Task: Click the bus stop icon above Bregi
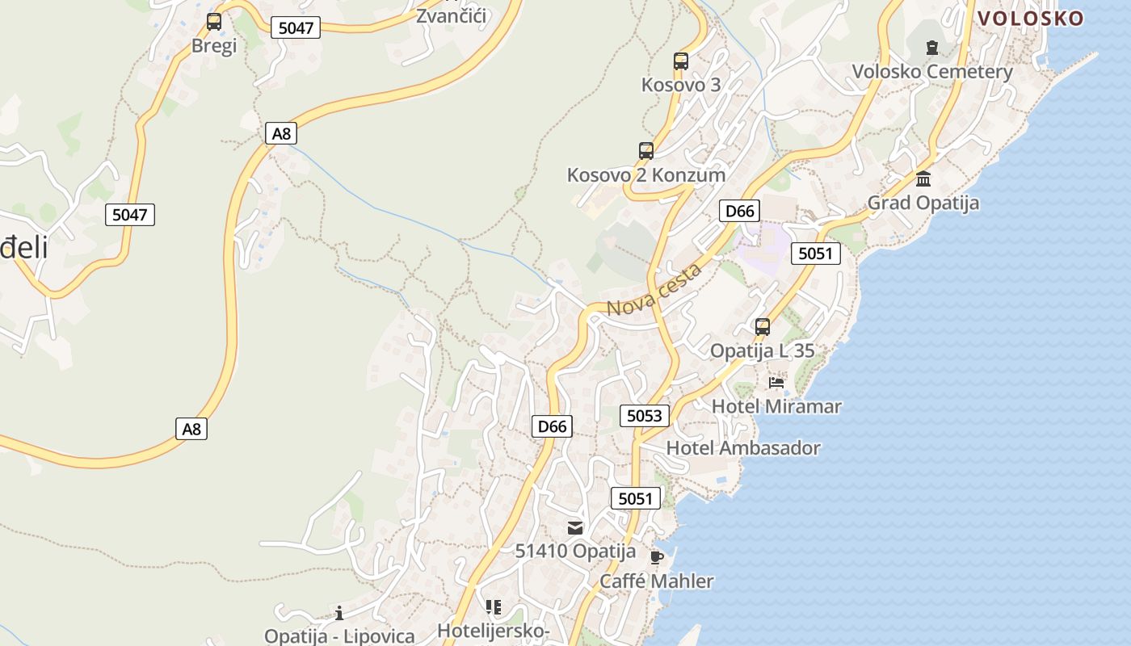pos(214,22)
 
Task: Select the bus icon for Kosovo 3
pos(681,61)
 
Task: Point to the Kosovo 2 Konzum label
pos(646,175)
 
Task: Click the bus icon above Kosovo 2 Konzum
pos(646,151)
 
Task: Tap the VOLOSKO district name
pos(1030,19)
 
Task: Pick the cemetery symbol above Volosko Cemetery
pos(932,47)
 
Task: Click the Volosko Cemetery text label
pos(932,72)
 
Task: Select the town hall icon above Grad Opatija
pos(923,178)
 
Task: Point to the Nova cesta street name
pos(654,291)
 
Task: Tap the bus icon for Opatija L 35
pos(763,327)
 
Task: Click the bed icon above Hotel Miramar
pos(776,382)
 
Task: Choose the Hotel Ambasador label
pos(743,448)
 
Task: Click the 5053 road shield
pos(645,416)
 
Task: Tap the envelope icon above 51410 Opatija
pos(575,528)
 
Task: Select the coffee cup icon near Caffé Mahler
pos(657,557)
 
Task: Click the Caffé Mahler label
pos(657,581)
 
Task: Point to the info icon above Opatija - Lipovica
pos(339,612)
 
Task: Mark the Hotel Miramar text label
pos(776,406)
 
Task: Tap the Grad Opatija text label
pos(923,203)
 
